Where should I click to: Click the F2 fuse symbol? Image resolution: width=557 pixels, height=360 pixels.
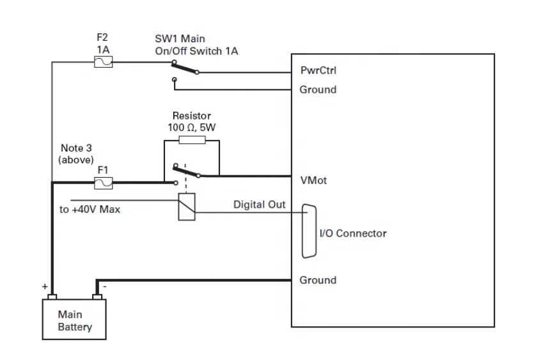pyautogui.click(x=104, y=62)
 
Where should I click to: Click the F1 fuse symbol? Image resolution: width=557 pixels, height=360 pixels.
pyautogui.click(x=104, y=183)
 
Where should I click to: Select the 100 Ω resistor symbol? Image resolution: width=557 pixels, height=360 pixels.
pyautogui.click(x=192, y=140)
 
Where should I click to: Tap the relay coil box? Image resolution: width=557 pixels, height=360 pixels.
pyautogui.click(x=187, y=207)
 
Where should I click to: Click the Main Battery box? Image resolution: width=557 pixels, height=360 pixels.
pyautogui.click(x=74, y=320)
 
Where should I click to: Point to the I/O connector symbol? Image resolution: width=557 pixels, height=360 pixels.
pyautogui.click(x=309, y=231)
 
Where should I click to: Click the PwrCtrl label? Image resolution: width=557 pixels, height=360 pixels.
pyautogui.click(x=318, y=70)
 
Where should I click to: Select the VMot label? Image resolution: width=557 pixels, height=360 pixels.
pyautogui.click(x=313, y=180)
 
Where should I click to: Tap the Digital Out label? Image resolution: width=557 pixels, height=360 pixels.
pyautogui.click(x=260, y=205)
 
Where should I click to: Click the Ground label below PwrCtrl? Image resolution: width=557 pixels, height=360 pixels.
pyautogui.click(x=318, y=90)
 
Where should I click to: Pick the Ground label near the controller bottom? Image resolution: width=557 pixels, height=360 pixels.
pyautogui.click(x=318, y=280)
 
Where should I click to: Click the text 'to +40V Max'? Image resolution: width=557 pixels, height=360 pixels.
pyautogui.click(x=90, y=210)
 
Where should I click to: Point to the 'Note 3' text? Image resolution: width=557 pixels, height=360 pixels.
pyautogui.click(x=76, y=148)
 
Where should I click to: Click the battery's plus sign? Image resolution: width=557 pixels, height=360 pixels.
pyautogui.click(x=45, y=286)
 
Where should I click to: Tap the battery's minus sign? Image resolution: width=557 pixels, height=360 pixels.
pyautogui.click(x=104, y=286)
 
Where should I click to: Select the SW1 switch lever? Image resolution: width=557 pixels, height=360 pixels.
pyautogui.click(x=185, y=67)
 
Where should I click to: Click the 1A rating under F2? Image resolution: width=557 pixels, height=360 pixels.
pyautogui.click(x=103, y=49)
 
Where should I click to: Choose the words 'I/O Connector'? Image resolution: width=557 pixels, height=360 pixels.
pyautogui.click(x=353, y=233)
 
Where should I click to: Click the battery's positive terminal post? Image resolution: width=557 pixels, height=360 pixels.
pyautogui.click(x=52, y=297)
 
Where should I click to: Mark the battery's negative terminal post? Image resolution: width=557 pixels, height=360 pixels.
pyautogui.click(x=97, y=297)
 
